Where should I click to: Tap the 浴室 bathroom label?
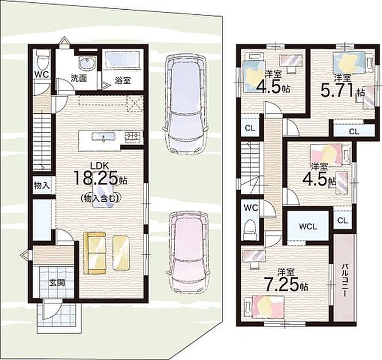click(123, 81)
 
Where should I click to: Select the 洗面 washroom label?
click(79, 78)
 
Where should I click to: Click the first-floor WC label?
click(41, 74)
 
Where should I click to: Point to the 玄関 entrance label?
click(57, 283)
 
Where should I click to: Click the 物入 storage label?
click(42, 186)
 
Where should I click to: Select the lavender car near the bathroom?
click(185, 105)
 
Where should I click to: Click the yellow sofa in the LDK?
click(95, 253)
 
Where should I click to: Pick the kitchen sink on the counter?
click(103, 137)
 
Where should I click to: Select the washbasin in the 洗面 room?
click(87, 64)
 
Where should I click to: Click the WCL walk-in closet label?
click(308, 227)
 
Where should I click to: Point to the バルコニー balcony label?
click(345, 280)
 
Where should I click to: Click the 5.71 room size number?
click(337, 90)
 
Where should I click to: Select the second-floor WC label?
click(251, 208)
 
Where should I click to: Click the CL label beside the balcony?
click(343, 221)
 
